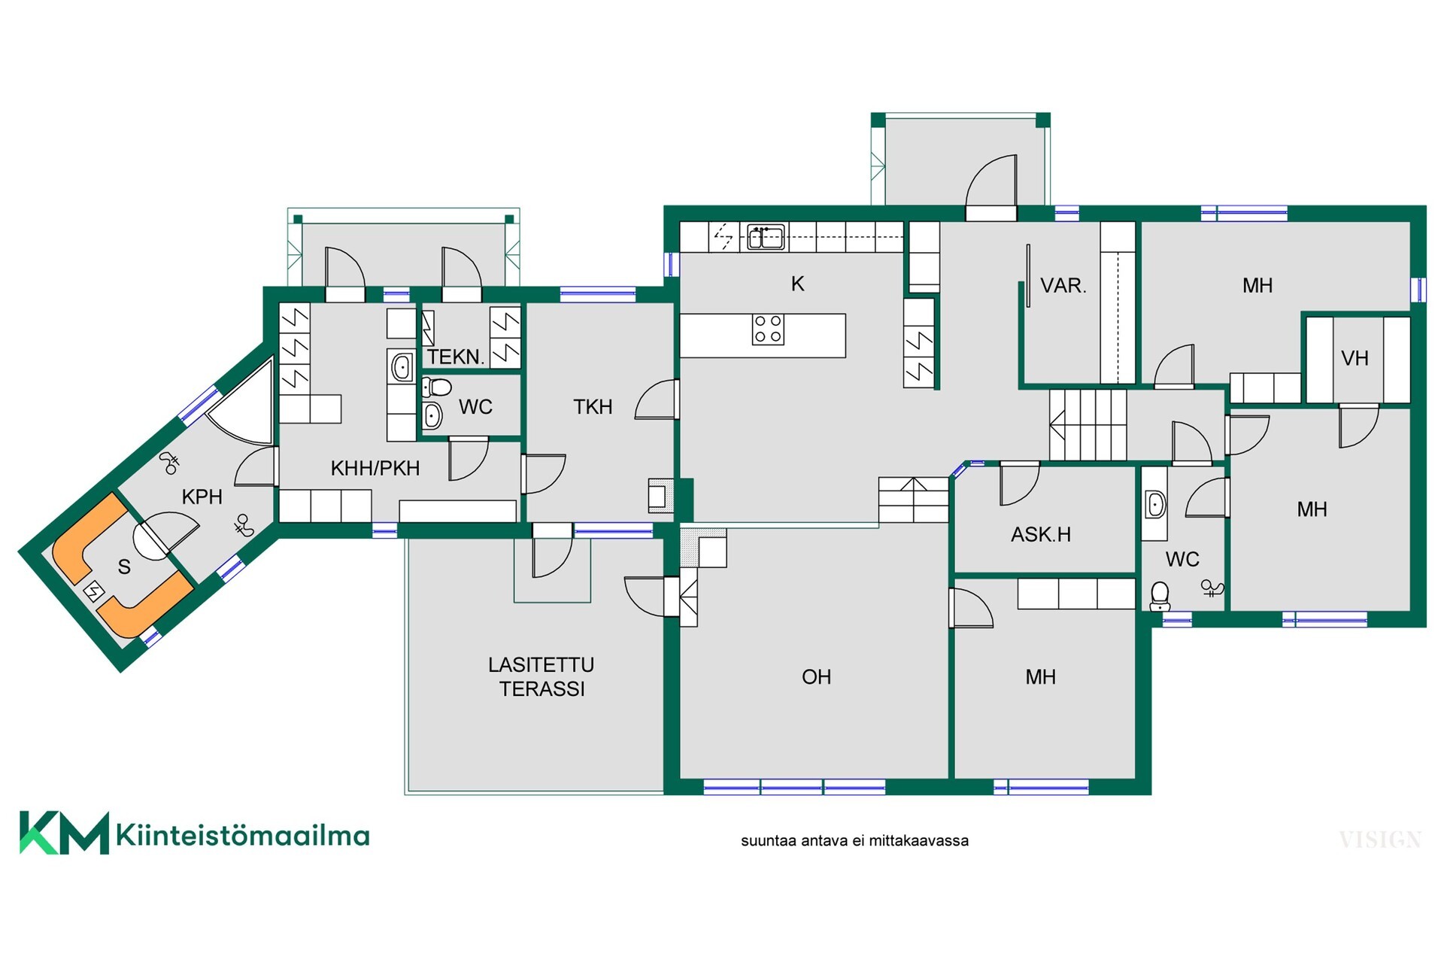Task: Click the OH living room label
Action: coord(816,677)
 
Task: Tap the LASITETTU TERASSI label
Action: coord(541,677)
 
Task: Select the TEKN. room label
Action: coord(456,357)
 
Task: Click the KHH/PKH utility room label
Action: coord(375,468)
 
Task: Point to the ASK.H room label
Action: coord(1041,535)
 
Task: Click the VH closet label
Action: coord(1355,358)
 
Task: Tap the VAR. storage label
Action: coord(1063,286)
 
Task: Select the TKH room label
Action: coord(593,407)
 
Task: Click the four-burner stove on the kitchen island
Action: coord(768,329)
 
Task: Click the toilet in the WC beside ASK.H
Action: coord(1160,596)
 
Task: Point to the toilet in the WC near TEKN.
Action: coord(436,387)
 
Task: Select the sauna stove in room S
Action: coord(93,592)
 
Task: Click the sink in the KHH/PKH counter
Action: coord(402,367)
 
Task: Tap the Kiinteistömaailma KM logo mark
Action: coord(64,833)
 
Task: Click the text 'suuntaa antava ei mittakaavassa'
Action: coord(854,841)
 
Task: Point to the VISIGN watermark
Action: coord(1380,840)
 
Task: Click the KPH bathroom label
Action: coord(202,497)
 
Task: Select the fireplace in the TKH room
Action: coord(660,496)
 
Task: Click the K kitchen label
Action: coord(797,284)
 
